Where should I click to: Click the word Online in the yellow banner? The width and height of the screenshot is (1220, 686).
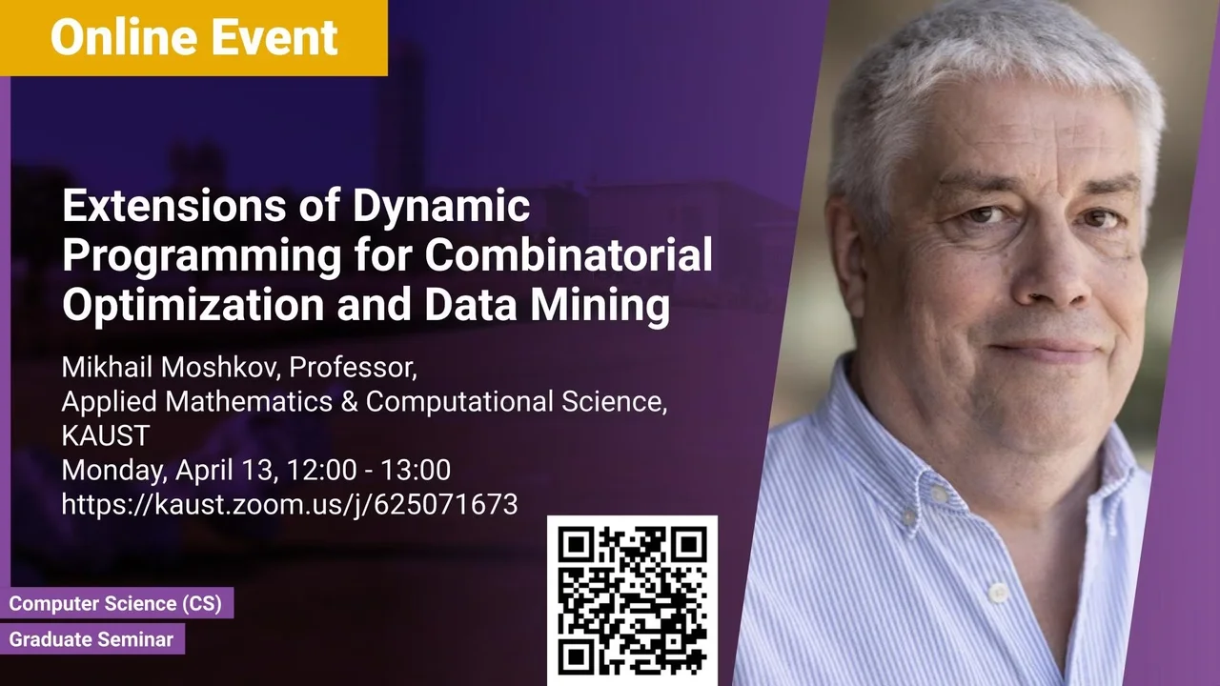point(124,37)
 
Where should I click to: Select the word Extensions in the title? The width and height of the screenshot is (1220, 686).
point(173,205)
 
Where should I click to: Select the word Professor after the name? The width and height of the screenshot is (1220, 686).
point(353,368)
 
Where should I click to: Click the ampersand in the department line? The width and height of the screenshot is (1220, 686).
point(349,402)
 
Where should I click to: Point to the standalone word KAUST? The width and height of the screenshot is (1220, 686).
point(106,435)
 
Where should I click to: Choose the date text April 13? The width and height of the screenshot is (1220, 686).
point(227,471)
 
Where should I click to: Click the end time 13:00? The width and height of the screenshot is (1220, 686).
point(416,470)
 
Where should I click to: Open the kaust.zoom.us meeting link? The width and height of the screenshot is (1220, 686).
point(290,505)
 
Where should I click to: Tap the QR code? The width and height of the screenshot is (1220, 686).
point(632,600)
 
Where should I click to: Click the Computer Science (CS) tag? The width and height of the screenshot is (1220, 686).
point(116,603)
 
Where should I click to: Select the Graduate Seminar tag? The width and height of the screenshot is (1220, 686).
point(91,639)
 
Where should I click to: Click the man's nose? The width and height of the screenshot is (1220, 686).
point(1048,272)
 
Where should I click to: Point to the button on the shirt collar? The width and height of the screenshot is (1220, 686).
point(939,494)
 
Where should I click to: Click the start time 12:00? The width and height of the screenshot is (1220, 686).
point(321,470)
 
